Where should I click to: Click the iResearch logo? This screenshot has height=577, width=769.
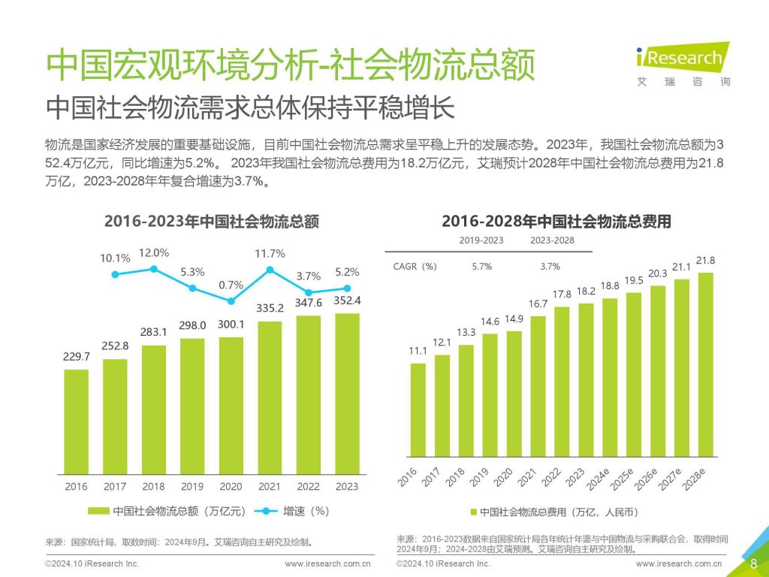click(682, 62)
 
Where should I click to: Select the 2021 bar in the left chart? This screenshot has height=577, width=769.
click(270, 397)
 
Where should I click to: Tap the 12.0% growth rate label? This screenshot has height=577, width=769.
click(153, 252)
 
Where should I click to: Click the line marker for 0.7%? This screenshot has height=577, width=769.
click(231, 301)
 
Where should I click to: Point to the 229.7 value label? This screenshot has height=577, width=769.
click(76, 357)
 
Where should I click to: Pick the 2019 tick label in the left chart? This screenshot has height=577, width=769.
click(192, 486)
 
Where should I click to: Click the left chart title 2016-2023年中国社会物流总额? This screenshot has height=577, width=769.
click(212, 222)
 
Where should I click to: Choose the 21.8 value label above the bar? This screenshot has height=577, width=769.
click(706, 261)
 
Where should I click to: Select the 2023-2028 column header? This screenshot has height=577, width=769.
click(552, 240)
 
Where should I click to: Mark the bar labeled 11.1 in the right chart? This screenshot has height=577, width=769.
click(418, 409)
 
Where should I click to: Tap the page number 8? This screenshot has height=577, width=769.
click(753, 563)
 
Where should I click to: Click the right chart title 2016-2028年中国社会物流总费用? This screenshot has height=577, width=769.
click(556, 222)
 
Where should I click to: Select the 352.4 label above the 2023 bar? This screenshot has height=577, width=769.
click(347, 301)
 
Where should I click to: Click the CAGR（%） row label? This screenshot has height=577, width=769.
click(415, 266)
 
